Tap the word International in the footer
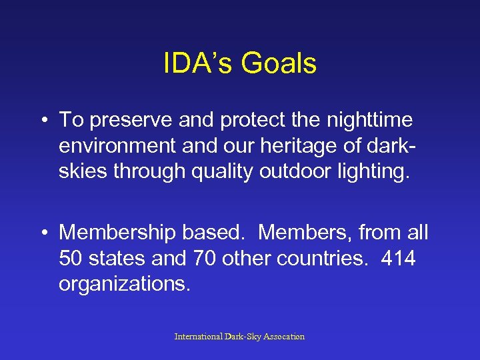tap(199, 337)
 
